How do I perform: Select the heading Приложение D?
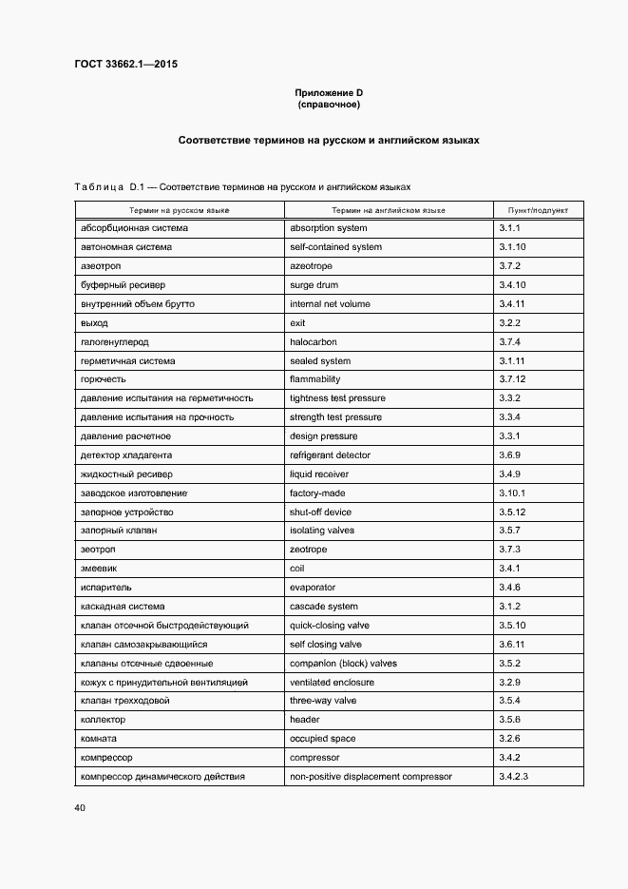tap(328, 92)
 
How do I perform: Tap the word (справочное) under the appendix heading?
tap(328, 105)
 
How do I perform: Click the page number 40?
tap(79, 807)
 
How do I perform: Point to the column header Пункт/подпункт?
tap(538, 209)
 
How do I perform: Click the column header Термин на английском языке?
tap(388, 209)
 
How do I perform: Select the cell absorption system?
tap(328, 228)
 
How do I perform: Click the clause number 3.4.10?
tap(512, 285)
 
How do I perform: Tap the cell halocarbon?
tap(313, 342)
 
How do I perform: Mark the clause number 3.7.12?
tap(512, 379)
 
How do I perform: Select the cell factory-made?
tap(317, 493)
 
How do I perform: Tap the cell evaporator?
tap(312, 588)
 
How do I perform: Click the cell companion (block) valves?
tap(343, 664)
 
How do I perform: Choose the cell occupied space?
tap(321, 739)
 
